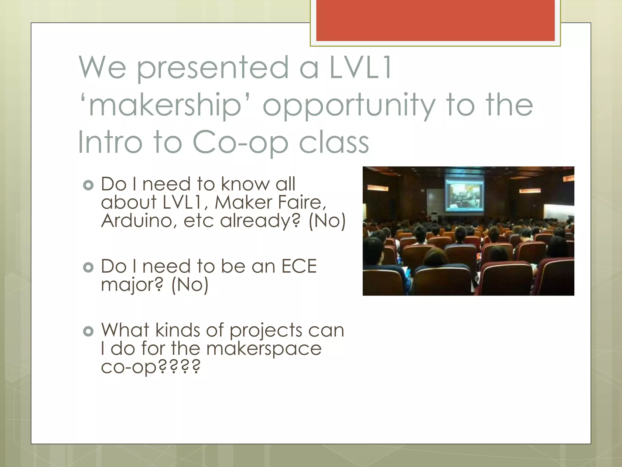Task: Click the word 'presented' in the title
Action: pos(213,68)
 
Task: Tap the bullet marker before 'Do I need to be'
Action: pos(88,267)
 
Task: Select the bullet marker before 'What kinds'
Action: pos(88,331)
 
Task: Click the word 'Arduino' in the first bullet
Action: pos(138,220)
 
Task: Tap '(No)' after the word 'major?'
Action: pos(190,285)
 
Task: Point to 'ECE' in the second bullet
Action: pos(299,266)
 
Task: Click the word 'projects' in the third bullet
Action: pos(266,331)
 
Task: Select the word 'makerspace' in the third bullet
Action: pos(264,349)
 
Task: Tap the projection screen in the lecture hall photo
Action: pos(464,195)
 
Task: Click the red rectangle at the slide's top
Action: pos(435,20)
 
